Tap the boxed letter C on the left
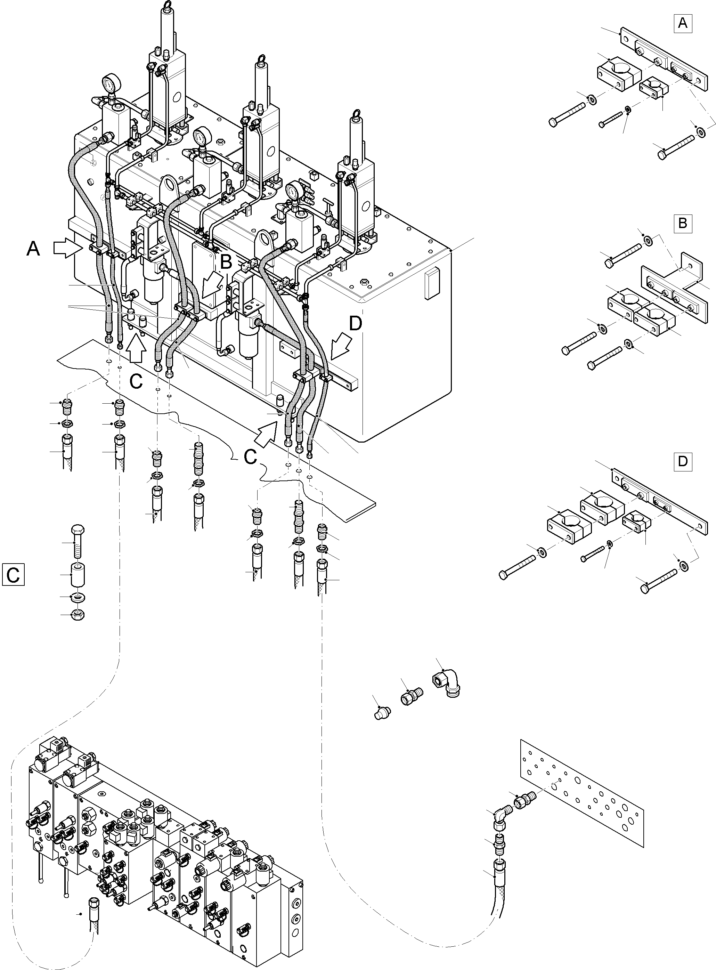[x=13, y=575]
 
